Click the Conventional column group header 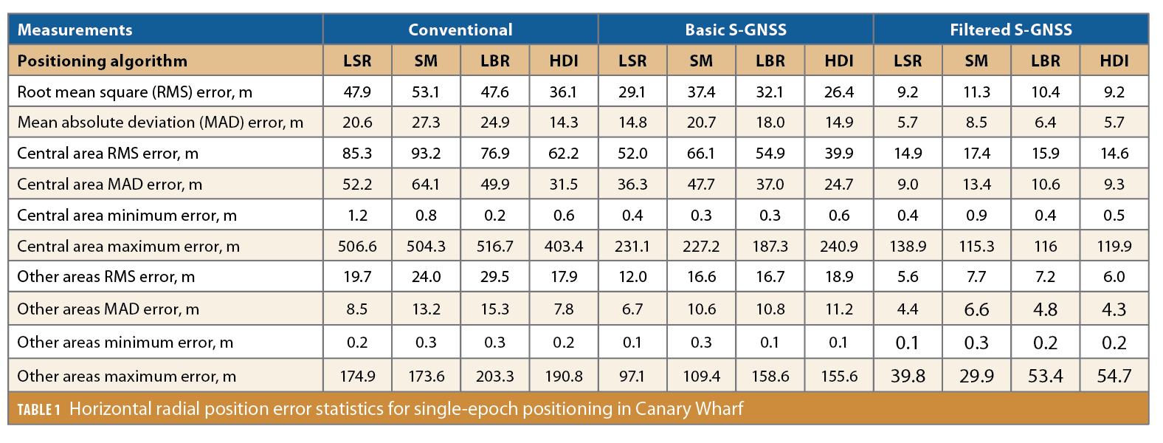tap(460, 30)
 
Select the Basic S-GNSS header tap(735, 30)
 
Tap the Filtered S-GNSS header tap(1010, 30)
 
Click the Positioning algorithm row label tap(103, 61)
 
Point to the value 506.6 tap(357, 247)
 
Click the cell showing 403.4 tap(564, 247)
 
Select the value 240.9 tap(839, 247)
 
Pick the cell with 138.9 tap(908, 247)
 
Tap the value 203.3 tap(494, 377)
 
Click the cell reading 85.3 tap(357, 154)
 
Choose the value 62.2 tap(564, 154)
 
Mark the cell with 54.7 tap(1114, 377)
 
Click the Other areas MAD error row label tap(108, 309)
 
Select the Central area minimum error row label tap(127, 216)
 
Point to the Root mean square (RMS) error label tap(134, 92)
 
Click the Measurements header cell tap(75, 30)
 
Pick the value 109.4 tap(701, 377)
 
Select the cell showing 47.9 tap(357, 92)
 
